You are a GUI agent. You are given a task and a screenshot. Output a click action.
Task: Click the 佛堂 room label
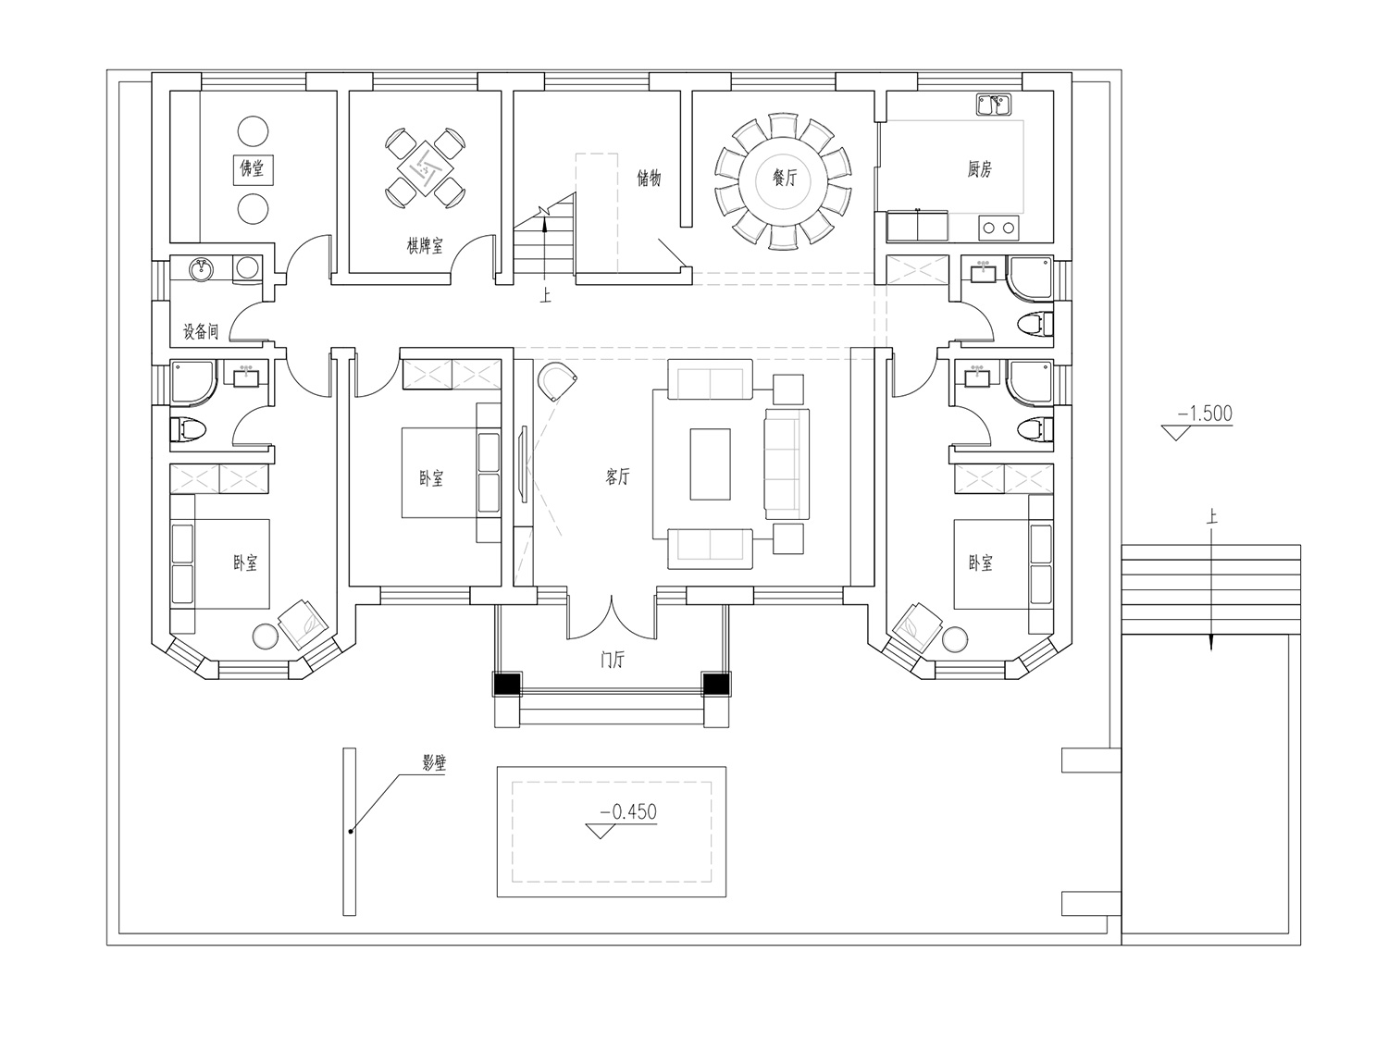253,168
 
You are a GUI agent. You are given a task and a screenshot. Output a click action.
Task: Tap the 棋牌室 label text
425,245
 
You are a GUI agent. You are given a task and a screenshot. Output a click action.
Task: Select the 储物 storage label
649,179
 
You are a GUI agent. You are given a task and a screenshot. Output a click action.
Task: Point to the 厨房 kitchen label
979,169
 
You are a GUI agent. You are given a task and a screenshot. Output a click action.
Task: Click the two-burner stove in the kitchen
998,228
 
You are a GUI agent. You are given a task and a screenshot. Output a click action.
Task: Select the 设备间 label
201,331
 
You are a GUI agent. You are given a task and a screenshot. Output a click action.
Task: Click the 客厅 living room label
617,476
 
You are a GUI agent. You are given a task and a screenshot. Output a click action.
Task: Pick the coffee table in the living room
710,464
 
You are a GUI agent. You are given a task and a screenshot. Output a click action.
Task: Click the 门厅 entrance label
612,661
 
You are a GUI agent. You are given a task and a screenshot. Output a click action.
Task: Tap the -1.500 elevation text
1205,414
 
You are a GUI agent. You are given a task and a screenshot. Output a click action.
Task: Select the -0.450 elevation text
628,811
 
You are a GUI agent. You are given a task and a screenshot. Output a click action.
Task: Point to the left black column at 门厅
507,685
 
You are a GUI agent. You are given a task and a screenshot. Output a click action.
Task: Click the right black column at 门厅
716,685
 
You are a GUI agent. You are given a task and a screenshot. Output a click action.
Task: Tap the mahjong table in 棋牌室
425,167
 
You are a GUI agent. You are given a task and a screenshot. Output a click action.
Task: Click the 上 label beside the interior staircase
545,296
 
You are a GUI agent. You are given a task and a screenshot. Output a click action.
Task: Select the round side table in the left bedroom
265,637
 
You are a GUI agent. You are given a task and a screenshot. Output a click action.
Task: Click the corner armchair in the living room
557,382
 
